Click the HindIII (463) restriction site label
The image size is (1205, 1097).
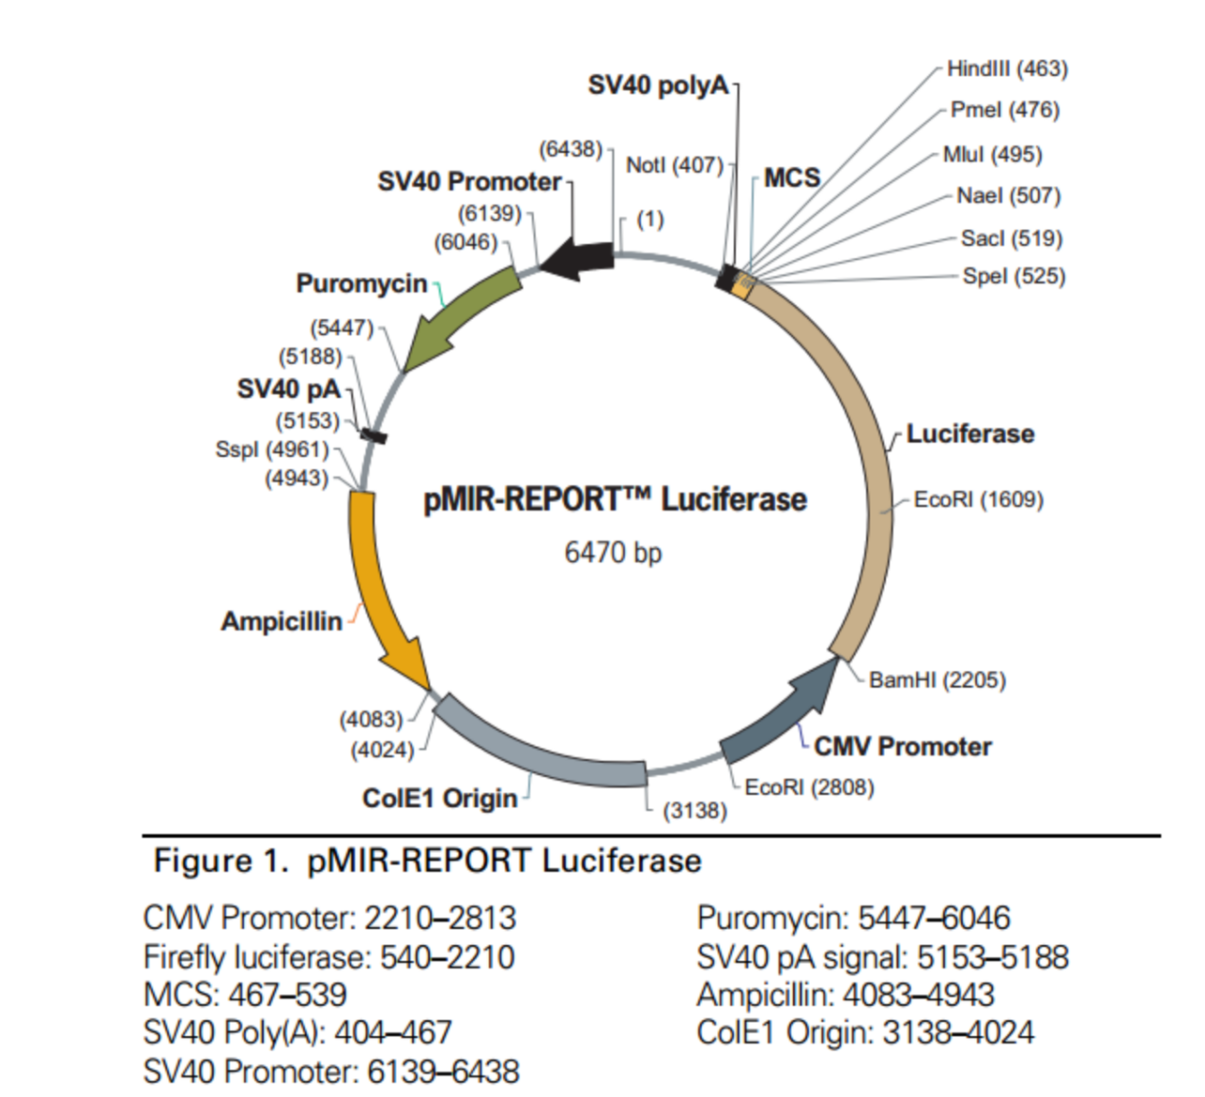tap(1007, 68)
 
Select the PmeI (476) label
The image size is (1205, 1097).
tap(1005, 110)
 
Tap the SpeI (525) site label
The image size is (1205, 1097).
tap(1013, 276)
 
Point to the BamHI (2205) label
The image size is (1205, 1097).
tap(936, 680)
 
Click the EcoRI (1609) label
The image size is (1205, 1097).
tap(978, 500)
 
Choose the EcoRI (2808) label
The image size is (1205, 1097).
tap(809, 787)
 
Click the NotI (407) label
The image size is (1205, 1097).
tap(674, 165)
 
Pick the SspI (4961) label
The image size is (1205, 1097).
tap(272, 449)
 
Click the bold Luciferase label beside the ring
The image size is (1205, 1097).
tap(970, 434)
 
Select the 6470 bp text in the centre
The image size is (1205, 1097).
tap(612, 552)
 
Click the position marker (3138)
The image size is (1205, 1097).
tap(695, 810)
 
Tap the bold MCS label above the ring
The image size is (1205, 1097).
tap(792, 178)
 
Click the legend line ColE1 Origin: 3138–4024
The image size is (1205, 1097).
tap(865, 1032)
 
